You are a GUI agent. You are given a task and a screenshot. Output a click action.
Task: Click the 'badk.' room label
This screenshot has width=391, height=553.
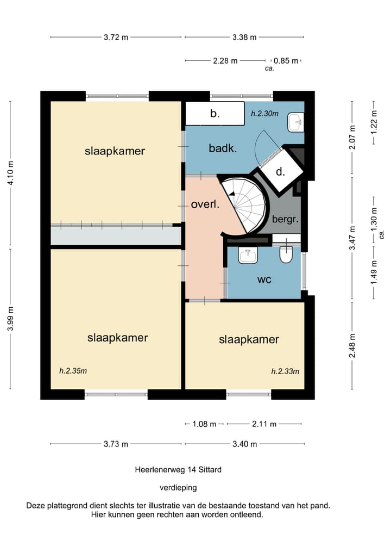[223, 148]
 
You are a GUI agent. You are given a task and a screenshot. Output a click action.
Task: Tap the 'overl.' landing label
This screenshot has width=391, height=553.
[205, 204]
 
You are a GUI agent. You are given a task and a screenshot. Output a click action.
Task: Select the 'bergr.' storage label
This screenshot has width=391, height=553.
[285, 219]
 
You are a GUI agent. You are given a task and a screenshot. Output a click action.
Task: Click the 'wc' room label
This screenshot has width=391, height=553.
[264, 279]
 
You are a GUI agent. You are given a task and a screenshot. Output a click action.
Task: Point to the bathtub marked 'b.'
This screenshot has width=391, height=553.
[215, 113]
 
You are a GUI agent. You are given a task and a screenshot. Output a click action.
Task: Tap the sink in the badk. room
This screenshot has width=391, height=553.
[296, 122]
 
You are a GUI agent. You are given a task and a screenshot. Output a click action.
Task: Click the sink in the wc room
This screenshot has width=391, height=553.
[248, 255]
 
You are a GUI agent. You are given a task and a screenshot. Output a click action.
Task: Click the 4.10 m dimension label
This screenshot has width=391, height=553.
[10, 173]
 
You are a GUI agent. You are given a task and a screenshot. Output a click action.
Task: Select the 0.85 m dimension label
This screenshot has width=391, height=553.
[286, 61]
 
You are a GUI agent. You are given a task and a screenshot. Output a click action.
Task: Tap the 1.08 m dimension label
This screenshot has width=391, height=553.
[204, 424]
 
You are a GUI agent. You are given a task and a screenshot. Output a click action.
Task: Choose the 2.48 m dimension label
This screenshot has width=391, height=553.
[352, 346]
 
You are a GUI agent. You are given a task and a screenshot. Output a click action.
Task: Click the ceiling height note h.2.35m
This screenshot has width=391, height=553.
[73, 371]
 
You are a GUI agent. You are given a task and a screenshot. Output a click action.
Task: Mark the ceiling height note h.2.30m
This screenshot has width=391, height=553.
[264, 114]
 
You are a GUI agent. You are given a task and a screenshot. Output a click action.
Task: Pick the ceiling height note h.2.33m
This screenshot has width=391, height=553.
[285, 371]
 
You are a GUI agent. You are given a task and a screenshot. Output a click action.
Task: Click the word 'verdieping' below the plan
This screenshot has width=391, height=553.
[178, 488]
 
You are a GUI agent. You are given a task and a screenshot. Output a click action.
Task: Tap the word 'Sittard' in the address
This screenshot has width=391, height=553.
[210, 469]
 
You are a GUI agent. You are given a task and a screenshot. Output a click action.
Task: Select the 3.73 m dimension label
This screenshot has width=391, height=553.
[116, 444]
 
